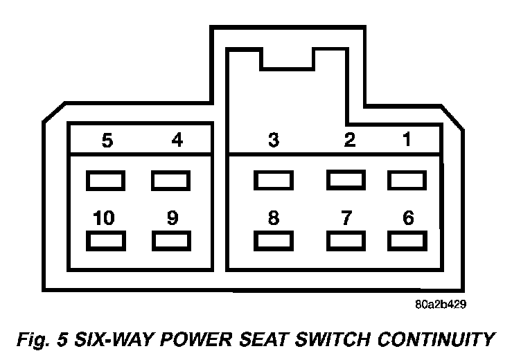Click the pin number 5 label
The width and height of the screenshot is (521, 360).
pos(107,141)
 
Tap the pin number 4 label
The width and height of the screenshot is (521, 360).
pos(177,141)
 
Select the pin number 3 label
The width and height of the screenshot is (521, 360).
pos(274,141)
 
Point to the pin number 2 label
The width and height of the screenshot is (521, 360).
pos(349,141)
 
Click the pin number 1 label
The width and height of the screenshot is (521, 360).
pos(407,140)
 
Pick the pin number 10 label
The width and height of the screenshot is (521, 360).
pos(104,218)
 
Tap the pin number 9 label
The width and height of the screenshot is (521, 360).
pos(173,218)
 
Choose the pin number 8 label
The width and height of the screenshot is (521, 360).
pos(274,218)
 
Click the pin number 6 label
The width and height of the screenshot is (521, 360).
pos(408,218)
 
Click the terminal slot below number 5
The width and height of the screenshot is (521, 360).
pos(105,181)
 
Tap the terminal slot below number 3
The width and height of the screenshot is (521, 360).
pos(274,181)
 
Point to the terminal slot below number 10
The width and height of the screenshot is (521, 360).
pos(105,240)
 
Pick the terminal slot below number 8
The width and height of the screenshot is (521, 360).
pos(274,240)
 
